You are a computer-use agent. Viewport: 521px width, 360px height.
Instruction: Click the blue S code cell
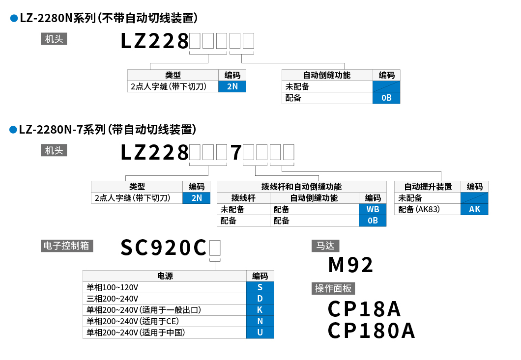260,287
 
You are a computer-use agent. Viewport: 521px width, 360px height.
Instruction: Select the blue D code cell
260,299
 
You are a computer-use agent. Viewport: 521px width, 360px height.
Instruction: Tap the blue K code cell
260,310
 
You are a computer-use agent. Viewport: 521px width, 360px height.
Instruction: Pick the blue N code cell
260,321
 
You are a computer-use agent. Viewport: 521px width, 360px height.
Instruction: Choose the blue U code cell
260,332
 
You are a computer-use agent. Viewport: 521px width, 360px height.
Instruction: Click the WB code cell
373,209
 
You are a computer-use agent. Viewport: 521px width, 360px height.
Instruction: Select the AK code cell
474,209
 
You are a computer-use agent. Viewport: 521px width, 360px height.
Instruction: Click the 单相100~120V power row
164,287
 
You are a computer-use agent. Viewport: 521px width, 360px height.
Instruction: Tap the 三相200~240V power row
164,299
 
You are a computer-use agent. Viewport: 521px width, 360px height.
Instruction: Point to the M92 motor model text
351,265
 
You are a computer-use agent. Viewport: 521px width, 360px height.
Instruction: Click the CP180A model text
372,331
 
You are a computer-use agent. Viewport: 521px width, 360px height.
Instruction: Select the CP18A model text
364,309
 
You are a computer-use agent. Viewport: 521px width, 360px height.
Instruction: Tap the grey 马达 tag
325,246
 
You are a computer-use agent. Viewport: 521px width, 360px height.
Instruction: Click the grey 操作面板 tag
334,289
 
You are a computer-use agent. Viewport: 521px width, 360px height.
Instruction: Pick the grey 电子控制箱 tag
67,246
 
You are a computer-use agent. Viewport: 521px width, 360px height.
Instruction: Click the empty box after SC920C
215,248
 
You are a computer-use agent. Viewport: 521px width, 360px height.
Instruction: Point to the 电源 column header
164,276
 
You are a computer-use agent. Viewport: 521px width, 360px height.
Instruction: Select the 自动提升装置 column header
428,187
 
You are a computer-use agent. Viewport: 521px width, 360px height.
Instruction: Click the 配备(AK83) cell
428,209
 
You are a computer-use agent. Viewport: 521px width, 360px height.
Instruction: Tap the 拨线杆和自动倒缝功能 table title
301,187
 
